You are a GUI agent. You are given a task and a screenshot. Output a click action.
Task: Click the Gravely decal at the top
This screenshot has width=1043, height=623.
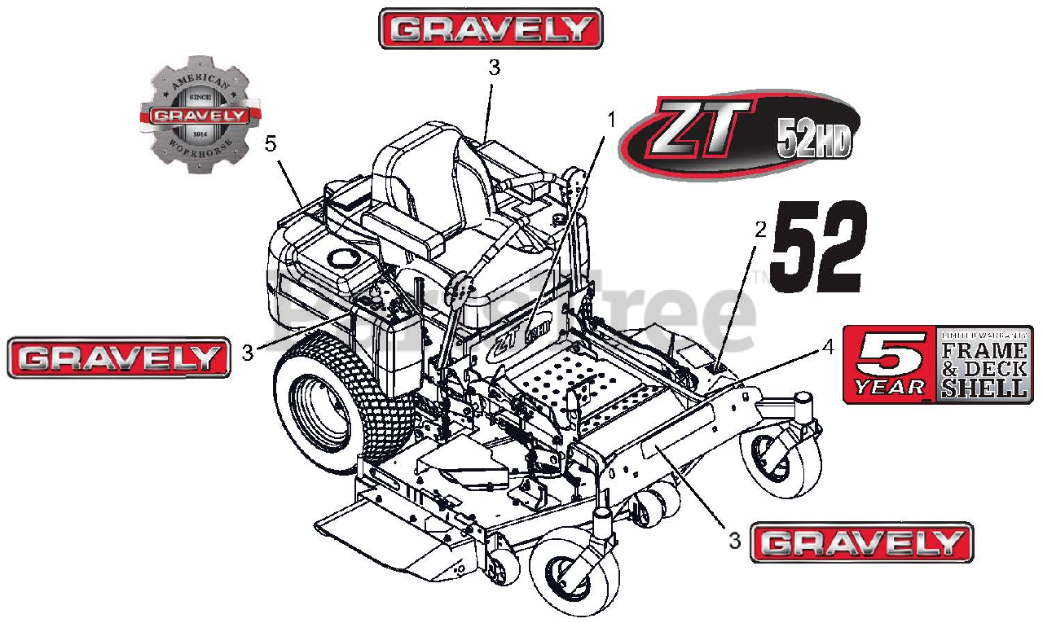click(491, 29)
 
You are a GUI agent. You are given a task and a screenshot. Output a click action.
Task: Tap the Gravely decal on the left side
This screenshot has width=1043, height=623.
click(119, 358)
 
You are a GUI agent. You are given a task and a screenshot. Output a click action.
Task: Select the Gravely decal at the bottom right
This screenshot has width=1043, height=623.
click(861, 542)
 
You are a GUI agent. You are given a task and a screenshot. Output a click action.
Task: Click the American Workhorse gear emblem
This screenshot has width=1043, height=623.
click(200, 115)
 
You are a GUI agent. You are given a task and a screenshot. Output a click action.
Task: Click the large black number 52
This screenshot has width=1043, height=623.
click(816, 248)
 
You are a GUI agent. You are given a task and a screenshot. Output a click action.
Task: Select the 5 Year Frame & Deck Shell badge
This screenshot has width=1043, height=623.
click(937, 363)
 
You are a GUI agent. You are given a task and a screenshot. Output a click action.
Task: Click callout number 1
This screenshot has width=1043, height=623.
click(611, 120)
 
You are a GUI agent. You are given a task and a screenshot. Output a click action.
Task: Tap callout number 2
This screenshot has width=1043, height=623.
click(760, 229)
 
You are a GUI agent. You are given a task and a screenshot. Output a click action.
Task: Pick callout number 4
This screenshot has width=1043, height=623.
click(828, 347)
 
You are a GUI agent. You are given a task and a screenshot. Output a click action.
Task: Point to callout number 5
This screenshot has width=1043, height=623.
click(271, 143)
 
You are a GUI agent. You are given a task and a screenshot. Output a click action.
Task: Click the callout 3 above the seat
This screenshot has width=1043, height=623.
click(493, 68)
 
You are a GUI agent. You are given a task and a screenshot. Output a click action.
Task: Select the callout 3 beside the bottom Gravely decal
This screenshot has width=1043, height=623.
click(734, 540)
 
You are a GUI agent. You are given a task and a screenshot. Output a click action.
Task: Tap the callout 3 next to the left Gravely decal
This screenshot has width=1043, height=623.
click(247, 353)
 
